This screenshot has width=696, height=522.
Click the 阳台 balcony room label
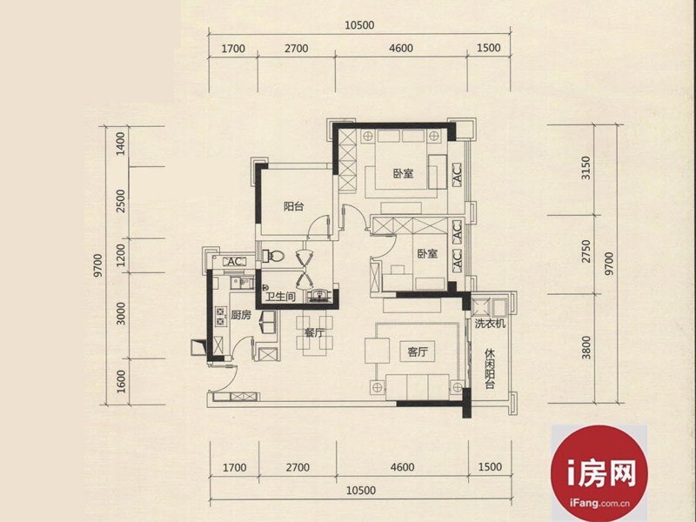[x=293, y=206]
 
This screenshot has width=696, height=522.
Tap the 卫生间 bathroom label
[x=280, y=297]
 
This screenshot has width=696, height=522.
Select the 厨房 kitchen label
[x=241, y=315]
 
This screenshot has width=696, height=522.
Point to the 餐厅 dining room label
[x=314, y=332]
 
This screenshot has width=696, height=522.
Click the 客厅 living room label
[x=418, y=352]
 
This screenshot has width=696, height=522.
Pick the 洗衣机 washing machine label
[x=490, y=323]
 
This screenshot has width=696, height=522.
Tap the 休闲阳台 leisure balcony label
[x=490, y=369]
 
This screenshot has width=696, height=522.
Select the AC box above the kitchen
[x=234, y=262]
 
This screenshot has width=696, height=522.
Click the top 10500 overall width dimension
[x=359, y=25]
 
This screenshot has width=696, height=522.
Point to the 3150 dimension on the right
[x=586, y=168]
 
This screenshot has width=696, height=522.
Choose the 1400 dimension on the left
[x=121, y=144]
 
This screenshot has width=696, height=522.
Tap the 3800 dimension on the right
[x=586, y=347]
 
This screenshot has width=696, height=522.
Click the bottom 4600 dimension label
[x=402, y=467]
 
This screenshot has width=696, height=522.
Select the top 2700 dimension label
[x=297, y=48]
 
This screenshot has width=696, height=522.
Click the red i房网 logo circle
[x=599, y=473]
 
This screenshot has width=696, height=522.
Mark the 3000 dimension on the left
[x=121, y=313]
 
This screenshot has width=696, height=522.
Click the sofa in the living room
[x=418, y=387]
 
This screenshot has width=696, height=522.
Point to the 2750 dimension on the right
[x=586, y=251]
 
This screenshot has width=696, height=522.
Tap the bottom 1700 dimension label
[x=234, y=467]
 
